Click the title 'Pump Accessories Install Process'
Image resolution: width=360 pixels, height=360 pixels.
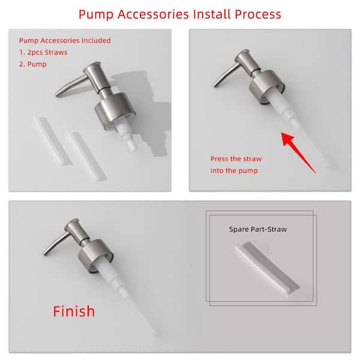click(180, 14)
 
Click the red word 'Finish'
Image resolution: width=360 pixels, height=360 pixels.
click(74, 311)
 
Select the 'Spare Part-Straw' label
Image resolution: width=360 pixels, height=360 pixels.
click(258, 229)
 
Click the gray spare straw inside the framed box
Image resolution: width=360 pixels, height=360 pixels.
click(268, 268)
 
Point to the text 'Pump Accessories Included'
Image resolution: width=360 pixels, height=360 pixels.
click(65, 41)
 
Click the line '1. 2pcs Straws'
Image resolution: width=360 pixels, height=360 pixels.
click(43, 52)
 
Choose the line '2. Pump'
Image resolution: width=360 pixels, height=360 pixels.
click(33, 64)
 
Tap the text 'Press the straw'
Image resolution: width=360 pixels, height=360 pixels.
click(236, 159)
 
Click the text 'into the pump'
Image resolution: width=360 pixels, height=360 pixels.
click(234, 170)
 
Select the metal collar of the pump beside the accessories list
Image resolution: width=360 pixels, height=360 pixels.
click(114, 110)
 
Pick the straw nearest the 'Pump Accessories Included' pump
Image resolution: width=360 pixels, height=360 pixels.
click(88, 157)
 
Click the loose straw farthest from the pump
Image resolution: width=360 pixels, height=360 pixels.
click(53, 141)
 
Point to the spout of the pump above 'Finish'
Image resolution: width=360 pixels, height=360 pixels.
click(55, 244)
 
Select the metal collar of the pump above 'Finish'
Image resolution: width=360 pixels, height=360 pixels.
click(95, 256)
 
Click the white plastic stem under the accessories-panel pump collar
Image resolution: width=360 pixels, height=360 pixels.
click(127, 137)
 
